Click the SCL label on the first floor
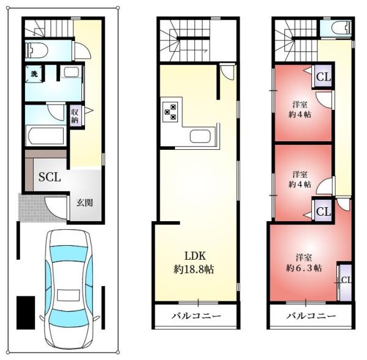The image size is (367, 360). [x=50, y=177]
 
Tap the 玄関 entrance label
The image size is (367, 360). [x=85, y=203]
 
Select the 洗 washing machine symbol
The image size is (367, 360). [x=34, y=74]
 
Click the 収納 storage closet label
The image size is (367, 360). [x=75, y=116]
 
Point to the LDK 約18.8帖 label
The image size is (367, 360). [x=194, y=263]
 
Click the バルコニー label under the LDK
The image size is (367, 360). [x=196, y=316]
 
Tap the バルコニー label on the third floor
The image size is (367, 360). [x=311, y=316]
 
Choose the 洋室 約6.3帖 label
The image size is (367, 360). [x=304, y=263]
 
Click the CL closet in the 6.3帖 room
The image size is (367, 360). [x=345, y=282]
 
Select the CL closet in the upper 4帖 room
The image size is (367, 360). [x=323, y=76]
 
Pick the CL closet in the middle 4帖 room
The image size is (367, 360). [x=323, y=211]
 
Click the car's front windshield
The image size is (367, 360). [x=69, y=320]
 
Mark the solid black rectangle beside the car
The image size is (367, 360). [x=26, y=313]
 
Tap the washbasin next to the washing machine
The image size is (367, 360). [x=72, y=72]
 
